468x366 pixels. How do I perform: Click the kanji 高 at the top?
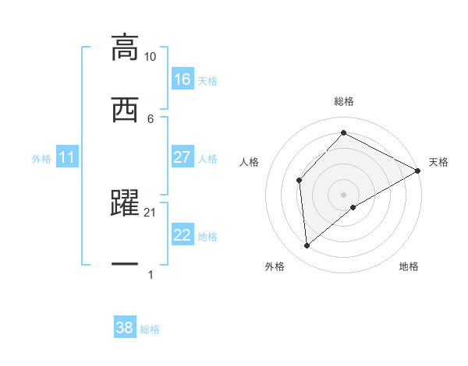[125, 47]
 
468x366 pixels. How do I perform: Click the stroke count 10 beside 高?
[151, 57]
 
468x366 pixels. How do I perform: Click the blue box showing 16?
[182, 79]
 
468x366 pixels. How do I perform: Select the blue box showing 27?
[182, 157]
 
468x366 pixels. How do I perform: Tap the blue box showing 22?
[182, 235]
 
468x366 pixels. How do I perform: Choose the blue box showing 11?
[67, 158]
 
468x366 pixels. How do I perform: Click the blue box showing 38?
[124, 328]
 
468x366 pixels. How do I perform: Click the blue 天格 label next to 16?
[207, 80]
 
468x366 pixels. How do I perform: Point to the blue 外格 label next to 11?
[41, 159]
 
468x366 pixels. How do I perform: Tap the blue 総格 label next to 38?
[150, 329]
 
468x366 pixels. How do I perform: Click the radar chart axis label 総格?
[343, 101]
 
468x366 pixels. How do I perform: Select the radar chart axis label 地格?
[409, 266]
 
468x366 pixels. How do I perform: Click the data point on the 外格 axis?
[307, 246]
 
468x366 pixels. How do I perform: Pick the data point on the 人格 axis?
[299, 180]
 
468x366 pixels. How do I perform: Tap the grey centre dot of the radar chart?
[343, 194]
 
